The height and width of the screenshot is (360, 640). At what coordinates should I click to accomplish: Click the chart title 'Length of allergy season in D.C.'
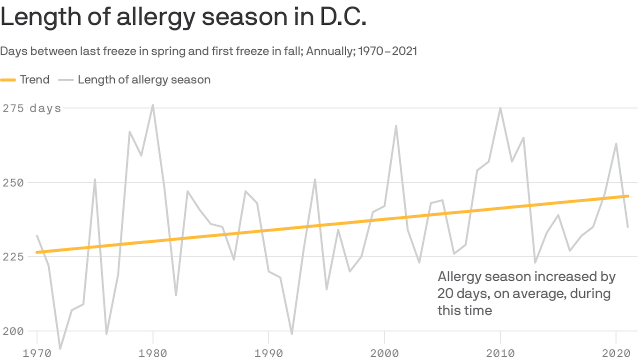coord(183,17)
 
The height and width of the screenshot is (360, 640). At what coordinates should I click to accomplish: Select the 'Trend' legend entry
coord(34,80)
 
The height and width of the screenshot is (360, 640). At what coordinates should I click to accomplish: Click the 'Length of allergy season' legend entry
coord(144,80)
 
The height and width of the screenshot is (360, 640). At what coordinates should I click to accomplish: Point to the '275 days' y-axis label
coord(32,108)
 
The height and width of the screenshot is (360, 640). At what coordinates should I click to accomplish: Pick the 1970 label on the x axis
coord(37,353)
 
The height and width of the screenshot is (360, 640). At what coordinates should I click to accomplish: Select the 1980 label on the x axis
coord(153,353)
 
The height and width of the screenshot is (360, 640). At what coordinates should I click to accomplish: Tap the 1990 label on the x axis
coord(268,353)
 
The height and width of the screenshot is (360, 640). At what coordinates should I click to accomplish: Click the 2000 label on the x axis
coord(384,353)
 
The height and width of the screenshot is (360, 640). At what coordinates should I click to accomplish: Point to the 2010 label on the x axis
coord(500,353)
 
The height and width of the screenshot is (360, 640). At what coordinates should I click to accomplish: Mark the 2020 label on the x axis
coord(616,353)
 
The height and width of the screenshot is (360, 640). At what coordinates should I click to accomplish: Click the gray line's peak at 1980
coord(153,105)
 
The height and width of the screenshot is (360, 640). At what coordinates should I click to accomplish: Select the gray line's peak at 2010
coord(500,108)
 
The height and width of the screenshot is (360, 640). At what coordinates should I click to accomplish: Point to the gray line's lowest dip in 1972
coord(60,349)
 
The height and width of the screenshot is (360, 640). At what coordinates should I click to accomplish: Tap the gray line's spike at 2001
coord(396,126)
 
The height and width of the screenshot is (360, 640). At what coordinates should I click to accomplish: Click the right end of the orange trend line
coord(627,196)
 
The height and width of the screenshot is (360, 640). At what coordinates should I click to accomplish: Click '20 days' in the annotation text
coord(456,294)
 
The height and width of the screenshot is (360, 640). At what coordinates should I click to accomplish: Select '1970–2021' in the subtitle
coord(387,51)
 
